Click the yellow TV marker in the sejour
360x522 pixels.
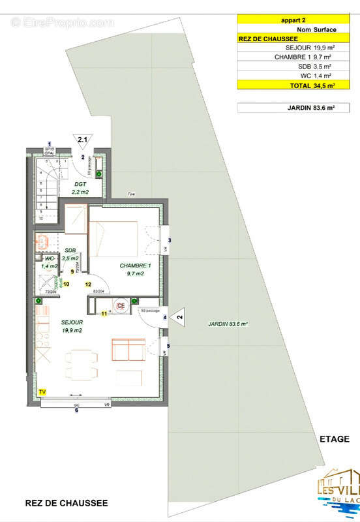(x=42, y=391)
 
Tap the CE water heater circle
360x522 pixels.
(x=121, y=305)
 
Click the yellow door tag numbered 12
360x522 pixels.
(x=88, y=284)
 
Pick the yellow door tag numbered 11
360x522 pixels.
(x=104, y=314)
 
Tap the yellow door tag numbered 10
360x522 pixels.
(x=66, y=284)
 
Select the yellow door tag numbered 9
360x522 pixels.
(x=72, y=271)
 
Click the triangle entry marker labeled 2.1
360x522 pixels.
(x=83, y=141)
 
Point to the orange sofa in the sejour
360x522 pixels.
(x=128, y=350)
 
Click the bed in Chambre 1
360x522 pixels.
(x=114, y=238)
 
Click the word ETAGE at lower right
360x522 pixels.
(x=335, y=439)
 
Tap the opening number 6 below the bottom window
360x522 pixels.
(x=76, y=410)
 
